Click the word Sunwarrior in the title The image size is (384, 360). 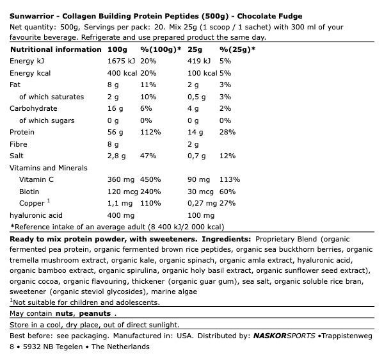pyautogui.click(x=30, y=16)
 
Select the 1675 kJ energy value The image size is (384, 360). pyautogui.click(x=121, y=61)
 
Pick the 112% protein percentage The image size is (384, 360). pyautogui.click(x=150, y=132)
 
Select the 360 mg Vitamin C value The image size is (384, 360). pyautogui.click(x=120, y=179)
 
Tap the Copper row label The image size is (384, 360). pyautogui.click(x=32, y=203)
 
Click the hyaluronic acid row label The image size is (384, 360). pyautogui.click(x=36, y=215)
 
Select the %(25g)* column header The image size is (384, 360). pyautogui.click(x=237, y=49)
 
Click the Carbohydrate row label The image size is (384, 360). pyautogui.click(x=33, y=108)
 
